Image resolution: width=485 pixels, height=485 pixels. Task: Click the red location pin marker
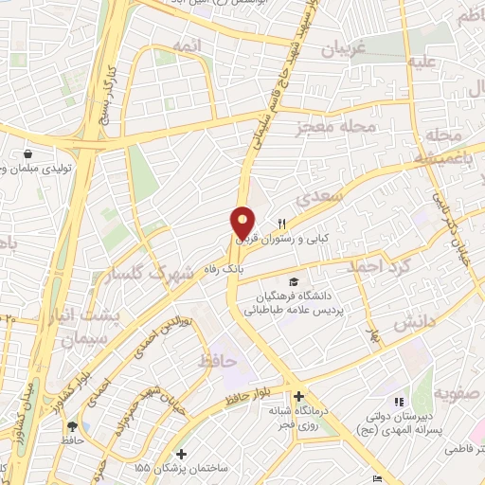click(x=242, y=222)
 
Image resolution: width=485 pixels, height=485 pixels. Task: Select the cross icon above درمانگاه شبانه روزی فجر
click(x=298, y=396)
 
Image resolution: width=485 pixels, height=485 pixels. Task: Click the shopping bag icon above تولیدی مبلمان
click(x=29, y=153)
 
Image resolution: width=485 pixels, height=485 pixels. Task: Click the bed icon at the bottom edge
click(x=377, y=478)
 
